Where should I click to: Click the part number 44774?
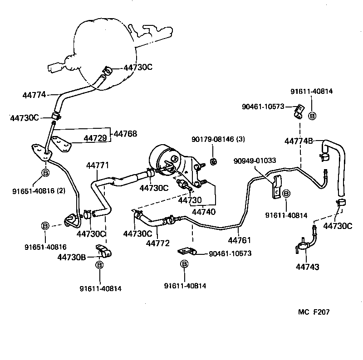[34, 95]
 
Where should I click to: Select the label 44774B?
[299, 141]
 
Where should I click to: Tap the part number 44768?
[125, 134]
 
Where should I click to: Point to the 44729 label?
[95, 137]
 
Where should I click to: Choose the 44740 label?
[204, 211]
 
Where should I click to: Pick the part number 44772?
[157, 243]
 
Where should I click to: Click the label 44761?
[239, 240]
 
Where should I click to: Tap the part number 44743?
[307, 267]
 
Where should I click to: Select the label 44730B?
[72, 257]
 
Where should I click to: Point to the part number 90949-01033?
[255, 161]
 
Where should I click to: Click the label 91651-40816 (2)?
[39, 190]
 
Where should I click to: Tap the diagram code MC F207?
[314, 312]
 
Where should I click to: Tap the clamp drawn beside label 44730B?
[103, 251]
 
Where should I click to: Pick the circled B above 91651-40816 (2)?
[45, 173]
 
